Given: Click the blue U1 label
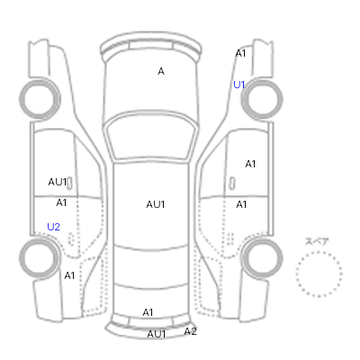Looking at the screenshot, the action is click(239, 85).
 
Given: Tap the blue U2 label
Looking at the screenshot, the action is click(53, 227).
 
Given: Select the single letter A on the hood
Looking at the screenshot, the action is click(161, 71).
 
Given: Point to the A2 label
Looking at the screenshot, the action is click(190, 331).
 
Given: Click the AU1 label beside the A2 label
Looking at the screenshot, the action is click(157, 334).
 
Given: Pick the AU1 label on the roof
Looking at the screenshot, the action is click(156, 204).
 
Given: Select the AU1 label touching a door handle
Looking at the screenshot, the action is click(58, 182).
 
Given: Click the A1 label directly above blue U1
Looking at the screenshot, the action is click(240, 53).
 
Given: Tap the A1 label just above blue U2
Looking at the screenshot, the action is click(61, 202).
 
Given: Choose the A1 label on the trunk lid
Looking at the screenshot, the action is click(148, 312).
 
